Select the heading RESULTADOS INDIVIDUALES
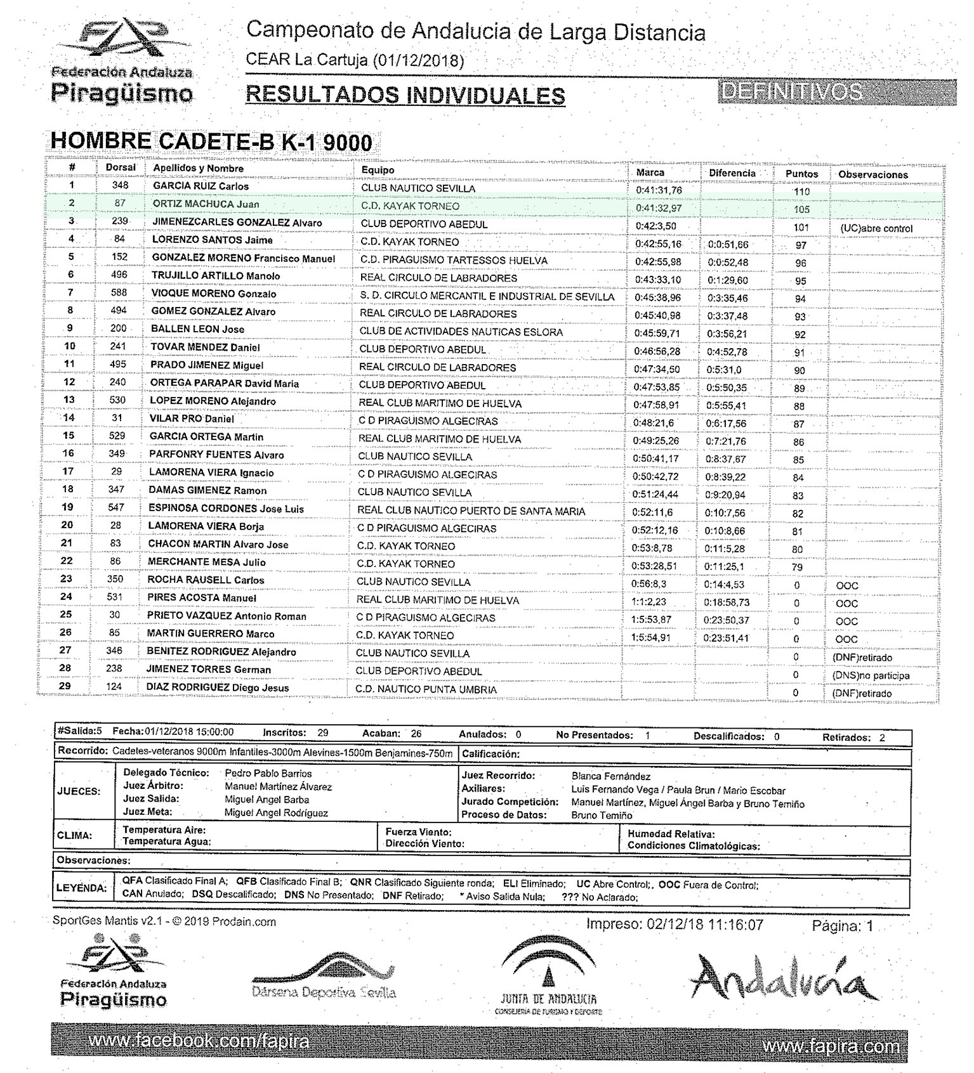coord(405,95)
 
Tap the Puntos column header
coord(801,174)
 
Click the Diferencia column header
coord(732,173)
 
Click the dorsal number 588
coord(119,293)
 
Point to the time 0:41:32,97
coord(659,208)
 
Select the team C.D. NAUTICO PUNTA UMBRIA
coord(426,689)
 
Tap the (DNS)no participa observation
coord(871,676)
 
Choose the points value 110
coord(801,192)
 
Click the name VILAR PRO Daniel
coord(192,419)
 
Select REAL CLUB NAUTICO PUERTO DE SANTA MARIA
coord(471,511)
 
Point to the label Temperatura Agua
coord(166,842)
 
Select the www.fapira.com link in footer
coord(831,1046)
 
